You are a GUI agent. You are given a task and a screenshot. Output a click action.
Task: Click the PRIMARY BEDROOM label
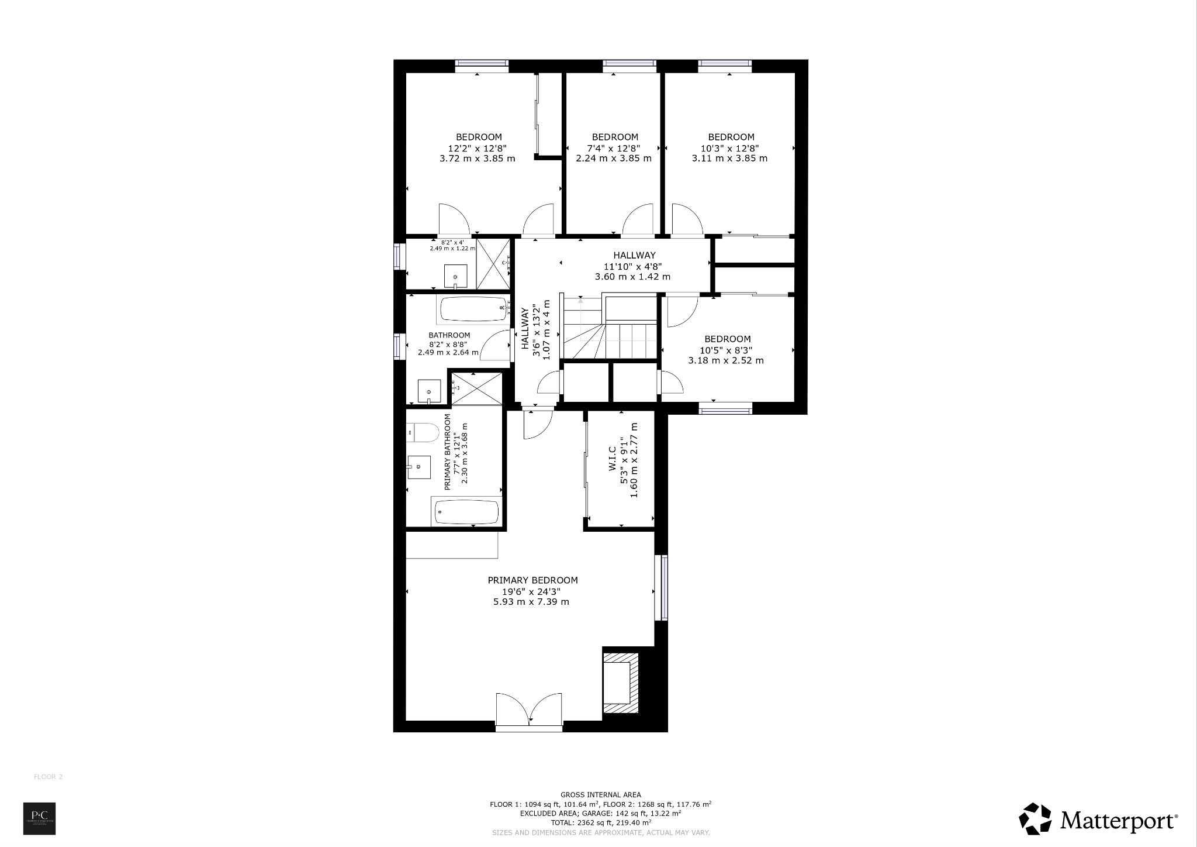coord(532,580)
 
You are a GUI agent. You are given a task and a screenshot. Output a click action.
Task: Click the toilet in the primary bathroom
coord(422,433)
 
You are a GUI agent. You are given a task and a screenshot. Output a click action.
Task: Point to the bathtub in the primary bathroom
coord(467,512)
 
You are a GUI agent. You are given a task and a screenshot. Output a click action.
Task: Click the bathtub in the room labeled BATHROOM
coord(472,309)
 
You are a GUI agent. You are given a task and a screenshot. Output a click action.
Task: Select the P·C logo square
coord(39,818)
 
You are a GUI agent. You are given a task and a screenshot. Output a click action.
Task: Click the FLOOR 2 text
coord(48,777)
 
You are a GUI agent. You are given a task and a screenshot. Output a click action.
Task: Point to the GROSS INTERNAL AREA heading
coord(600,794)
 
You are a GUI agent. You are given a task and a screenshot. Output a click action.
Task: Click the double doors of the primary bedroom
coord(530,711)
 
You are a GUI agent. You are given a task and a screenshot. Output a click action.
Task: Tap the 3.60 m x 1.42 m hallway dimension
coord(632,277)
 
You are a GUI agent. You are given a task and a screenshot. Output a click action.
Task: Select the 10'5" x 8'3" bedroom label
coord(726,350)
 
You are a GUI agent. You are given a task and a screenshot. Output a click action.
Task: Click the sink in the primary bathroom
coord(418,467)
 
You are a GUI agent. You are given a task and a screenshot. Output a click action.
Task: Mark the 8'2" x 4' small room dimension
coord(452,242)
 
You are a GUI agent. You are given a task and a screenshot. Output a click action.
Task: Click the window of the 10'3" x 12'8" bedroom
coord(725,66)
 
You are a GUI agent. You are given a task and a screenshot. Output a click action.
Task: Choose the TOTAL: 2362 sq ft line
coord(600,822)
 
